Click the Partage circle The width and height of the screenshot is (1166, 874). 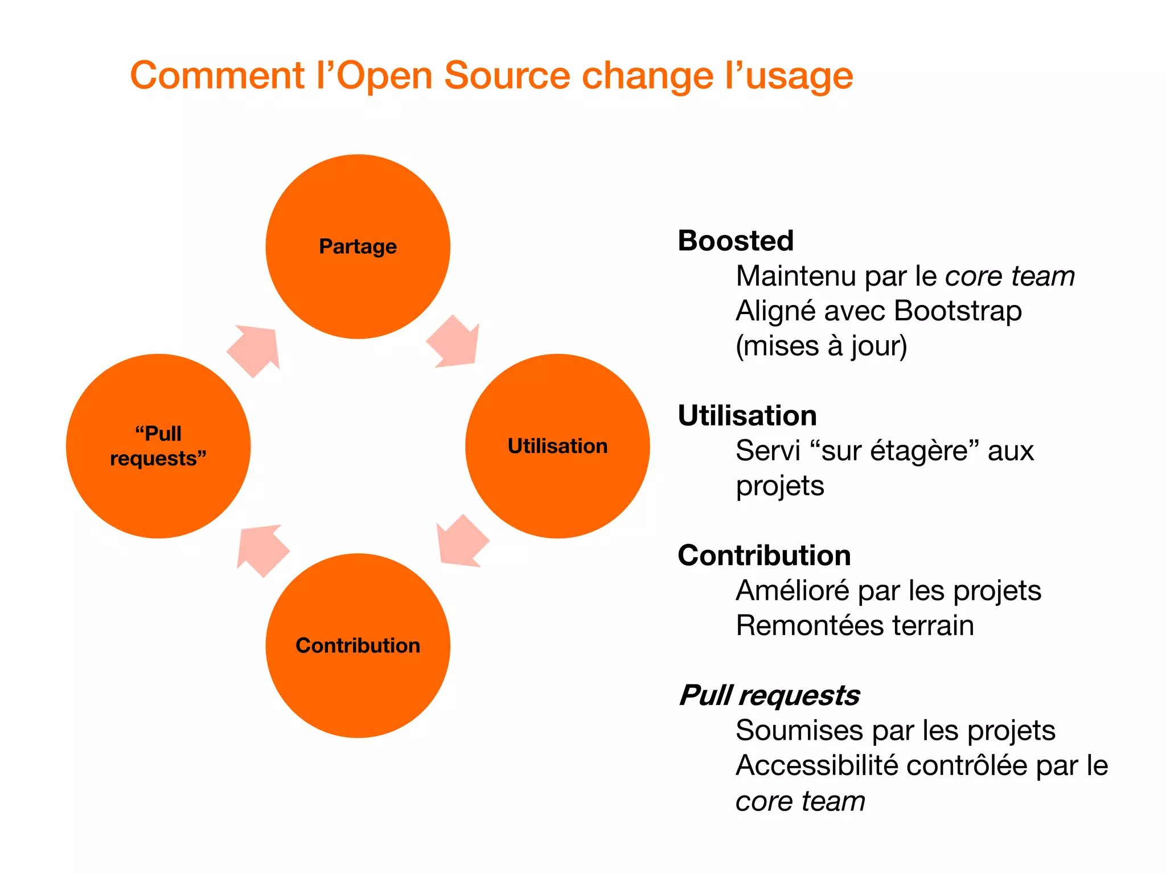click(358, 246)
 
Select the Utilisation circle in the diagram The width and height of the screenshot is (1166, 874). click(557, 446)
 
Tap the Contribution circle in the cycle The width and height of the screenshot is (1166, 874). click(358, 645)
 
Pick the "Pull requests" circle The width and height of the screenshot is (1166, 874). click(158, 446)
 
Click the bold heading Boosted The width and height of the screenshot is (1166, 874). click(735, 241)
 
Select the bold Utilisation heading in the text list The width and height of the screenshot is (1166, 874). click(747, 415)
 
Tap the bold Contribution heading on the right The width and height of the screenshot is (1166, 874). click(764, 555)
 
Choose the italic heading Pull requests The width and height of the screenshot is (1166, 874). click(769, 695)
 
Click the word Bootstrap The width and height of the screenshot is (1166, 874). click(958, 311)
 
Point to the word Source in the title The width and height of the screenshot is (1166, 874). click(507, 76)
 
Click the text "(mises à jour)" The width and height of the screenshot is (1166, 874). click(821, 346)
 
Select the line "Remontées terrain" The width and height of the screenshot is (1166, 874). click(855, 625)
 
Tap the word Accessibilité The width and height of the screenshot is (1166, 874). click(817, 765)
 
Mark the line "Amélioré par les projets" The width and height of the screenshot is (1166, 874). click(888, 591)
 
